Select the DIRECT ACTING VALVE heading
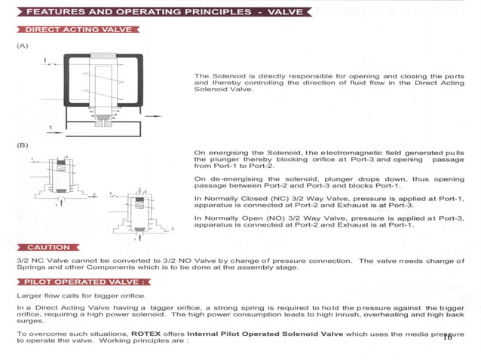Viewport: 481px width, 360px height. [78, 29]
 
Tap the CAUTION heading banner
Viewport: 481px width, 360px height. [48, 247]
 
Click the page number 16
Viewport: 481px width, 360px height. [447, 337]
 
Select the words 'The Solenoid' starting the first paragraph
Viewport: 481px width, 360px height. [216, 77]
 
